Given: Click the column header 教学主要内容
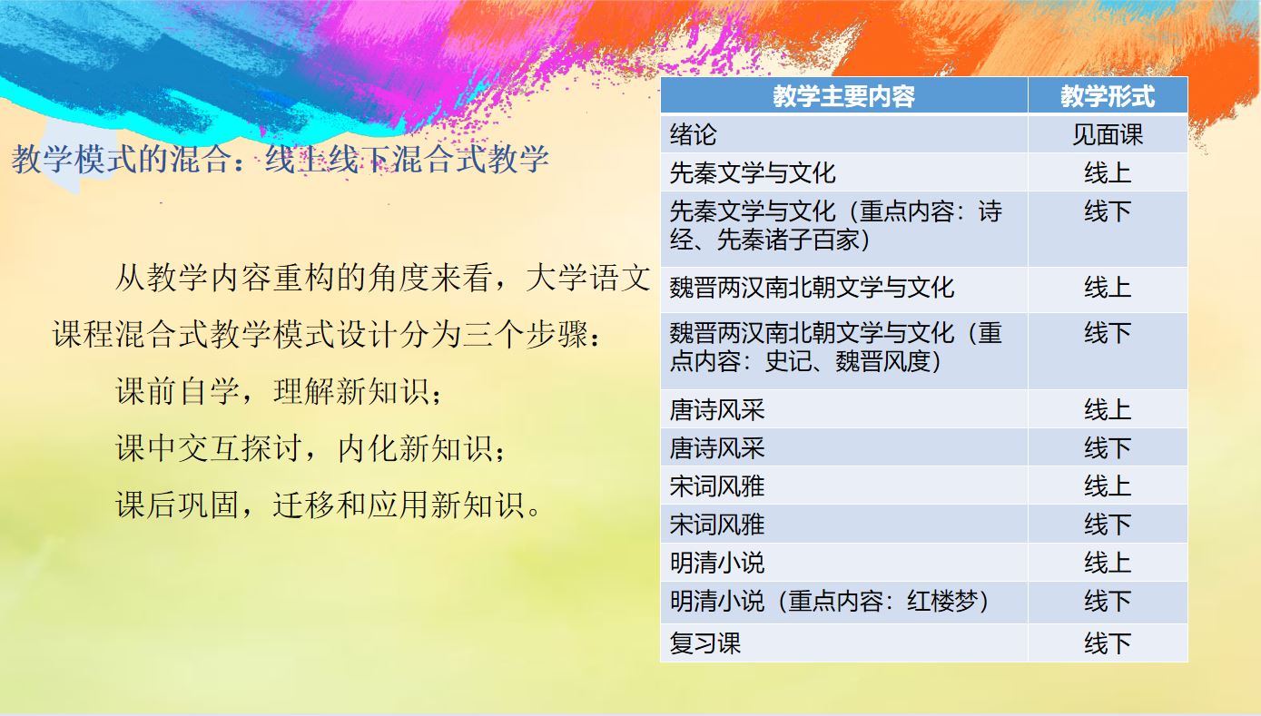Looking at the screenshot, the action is (843, 96).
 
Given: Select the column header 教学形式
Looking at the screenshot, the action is (1108, 96).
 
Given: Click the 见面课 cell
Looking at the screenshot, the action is (1108, 134).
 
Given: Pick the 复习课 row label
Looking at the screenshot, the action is (704, 642).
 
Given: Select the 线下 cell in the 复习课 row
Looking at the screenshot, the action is (1108, 642).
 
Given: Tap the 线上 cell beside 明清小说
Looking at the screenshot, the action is (1108, 563).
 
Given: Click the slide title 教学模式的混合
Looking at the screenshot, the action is (119, 160).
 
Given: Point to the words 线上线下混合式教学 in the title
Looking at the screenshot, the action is (407, 160).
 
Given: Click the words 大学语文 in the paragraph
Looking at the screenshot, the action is (587, 279).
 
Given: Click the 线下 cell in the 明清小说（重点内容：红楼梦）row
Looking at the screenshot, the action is (1108, 601).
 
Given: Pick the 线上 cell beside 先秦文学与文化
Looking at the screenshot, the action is (1108, 172).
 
